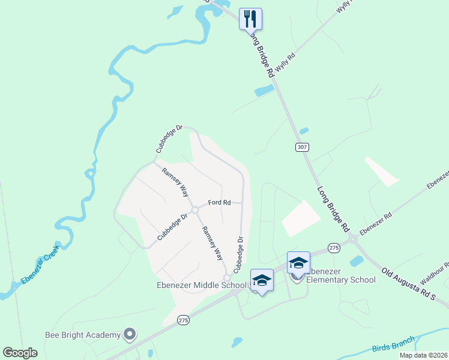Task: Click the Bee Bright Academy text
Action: (83, 334)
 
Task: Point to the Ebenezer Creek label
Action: (40, 264)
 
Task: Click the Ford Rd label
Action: (219, 203)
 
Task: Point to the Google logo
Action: (20, 352)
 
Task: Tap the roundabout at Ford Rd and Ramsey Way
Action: (195, 209)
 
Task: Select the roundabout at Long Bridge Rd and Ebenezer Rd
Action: (352, 239)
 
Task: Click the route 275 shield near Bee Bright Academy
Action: (184, 322)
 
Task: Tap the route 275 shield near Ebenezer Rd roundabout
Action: (334, 247)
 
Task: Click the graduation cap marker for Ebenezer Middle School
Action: (262, 280)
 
